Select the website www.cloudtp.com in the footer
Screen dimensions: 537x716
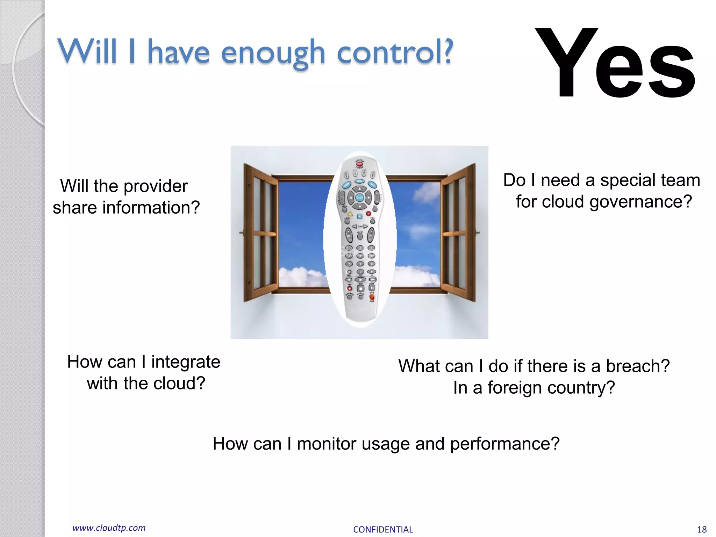tap(109, 528)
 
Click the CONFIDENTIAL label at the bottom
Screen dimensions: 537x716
tap(383, 530)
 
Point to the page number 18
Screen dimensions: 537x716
tap(701, 530)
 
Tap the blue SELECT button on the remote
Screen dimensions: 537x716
tap(359, 198)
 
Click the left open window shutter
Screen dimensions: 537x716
tap(260, 232)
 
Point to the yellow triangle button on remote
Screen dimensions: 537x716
tap(350, 214)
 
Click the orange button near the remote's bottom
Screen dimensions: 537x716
tap(372, 297)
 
